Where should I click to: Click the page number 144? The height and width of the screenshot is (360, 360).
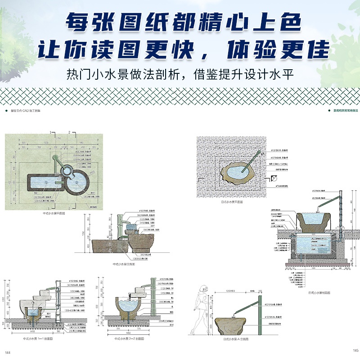7,351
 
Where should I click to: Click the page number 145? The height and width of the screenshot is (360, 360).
355,351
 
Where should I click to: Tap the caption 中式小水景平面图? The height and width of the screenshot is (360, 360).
54,215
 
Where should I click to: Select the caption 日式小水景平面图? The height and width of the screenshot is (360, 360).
231,202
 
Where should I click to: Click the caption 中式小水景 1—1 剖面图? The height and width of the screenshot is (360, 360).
41,338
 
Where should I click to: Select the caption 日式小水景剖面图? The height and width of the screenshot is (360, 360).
319,292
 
